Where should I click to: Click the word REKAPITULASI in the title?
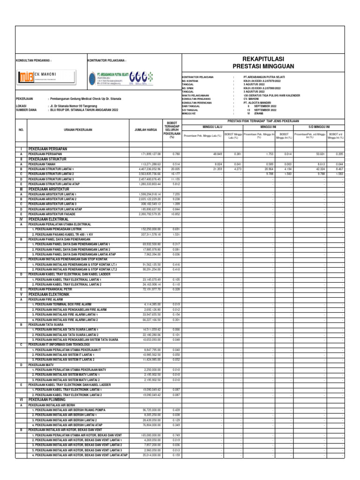pos(263,59)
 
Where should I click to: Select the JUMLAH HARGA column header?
pos(146,130)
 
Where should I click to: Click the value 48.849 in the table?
pos(217,154)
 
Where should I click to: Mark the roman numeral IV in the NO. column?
pos(21,219)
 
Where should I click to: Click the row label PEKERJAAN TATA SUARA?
pos(45,324)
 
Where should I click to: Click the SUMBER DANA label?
pos(26,110)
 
